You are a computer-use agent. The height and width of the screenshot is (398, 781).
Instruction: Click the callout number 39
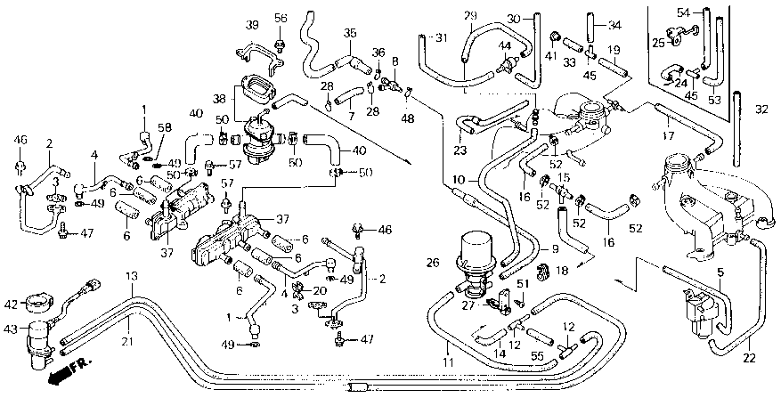tap(253, 25)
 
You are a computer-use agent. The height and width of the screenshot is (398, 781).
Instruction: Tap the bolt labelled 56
tap(280, 45)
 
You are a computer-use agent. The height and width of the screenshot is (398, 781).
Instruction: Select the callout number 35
tap(350, 34)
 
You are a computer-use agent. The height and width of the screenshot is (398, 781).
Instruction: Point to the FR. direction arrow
tap(70, 372)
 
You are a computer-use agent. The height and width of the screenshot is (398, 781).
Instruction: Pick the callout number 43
tap(12, 329)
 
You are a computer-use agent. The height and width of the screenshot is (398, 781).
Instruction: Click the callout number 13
tap(131, 277)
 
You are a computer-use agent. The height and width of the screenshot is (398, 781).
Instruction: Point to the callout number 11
tap(449, 362)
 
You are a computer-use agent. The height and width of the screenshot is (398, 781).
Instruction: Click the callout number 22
tap(750, 358)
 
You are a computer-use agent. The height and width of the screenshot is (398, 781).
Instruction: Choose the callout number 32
tap(761, 110)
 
